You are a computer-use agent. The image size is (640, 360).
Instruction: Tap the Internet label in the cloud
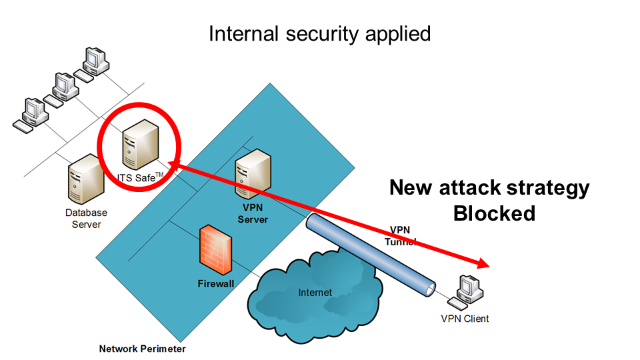[x=315, y=292]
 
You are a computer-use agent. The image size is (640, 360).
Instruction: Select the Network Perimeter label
[x=142, y=349]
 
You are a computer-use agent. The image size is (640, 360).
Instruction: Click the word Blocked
[x=494, y=213]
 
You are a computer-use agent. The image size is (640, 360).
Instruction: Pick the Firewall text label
[x=216, y=284]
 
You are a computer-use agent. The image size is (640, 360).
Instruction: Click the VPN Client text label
[x=465, y=319]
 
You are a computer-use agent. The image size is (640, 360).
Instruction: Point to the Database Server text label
[x=86, y=219]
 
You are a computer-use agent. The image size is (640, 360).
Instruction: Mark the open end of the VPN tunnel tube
[x=429, y=289]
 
